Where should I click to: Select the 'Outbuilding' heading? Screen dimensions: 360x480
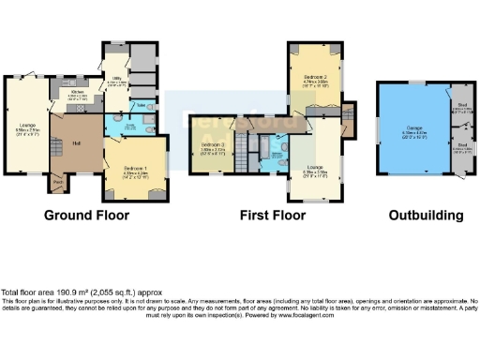click(x=427, y=215)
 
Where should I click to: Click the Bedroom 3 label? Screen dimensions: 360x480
click(x=213, y=145)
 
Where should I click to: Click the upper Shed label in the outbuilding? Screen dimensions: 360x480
click(x=460, y=107)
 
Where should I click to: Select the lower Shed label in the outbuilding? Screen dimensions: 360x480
click(x=460, y=146)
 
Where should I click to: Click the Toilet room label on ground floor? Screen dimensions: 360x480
click(x=140, y=106)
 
